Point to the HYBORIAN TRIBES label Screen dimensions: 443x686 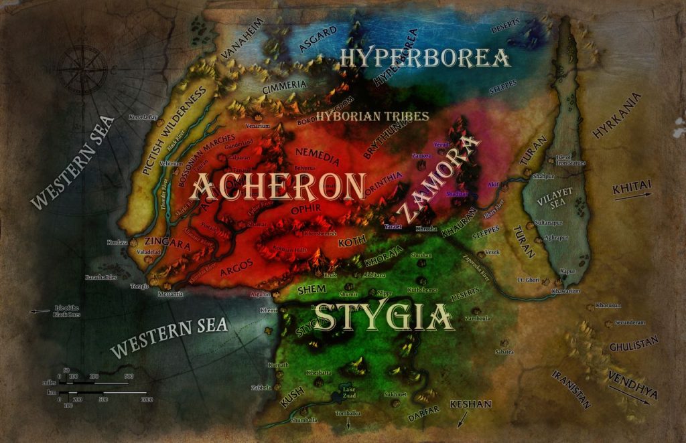click(372, 116)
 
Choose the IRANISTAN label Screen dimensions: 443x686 click(571, 387)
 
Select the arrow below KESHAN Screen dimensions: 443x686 click(462, 420)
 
